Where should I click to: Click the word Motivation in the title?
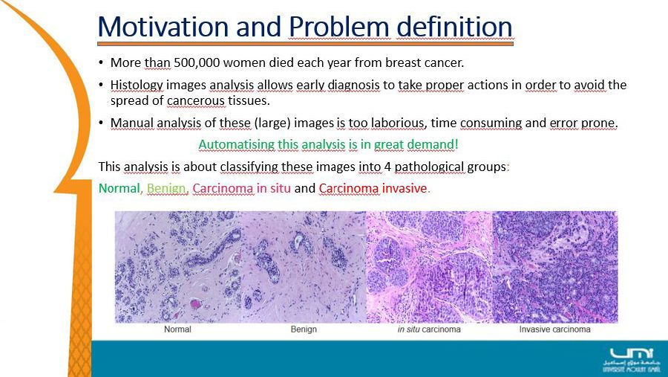163,27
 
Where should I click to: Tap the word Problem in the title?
339,28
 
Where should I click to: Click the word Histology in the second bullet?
137,86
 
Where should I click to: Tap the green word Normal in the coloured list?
119,188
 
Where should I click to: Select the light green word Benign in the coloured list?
166,188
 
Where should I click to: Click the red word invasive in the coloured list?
405,188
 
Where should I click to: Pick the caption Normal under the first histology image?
177,329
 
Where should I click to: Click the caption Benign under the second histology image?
304,329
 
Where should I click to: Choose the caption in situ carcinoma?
429,329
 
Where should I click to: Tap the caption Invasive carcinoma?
554,329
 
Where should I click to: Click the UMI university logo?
632,360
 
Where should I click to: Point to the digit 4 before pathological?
387,167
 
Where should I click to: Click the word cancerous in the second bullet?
195,101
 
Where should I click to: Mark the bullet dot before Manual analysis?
101,123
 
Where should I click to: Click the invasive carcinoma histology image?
555,267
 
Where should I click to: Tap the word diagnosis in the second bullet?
353,86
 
